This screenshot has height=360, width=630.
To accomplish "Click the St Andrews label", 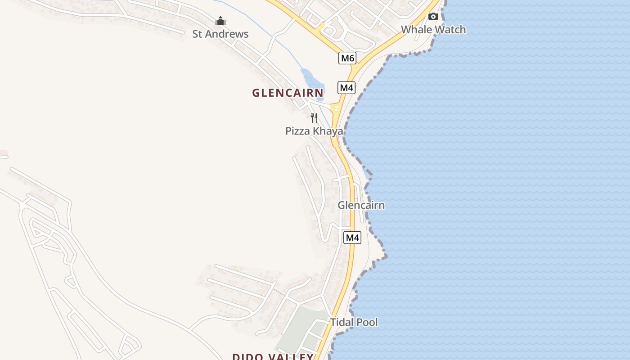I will pos(220,34).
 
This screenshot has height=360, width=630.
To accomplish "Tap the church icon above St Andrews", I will pos(220,21).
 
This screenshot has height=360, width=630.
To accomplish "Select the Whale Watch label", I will pos(433,30).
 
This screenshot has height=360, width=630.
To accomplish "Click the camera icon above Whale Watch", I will pos(433,17).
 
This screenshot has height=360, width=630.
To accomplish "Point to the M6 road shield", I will pos(347,58).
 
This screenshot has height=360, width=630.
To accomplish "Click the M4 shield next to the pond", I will pos(346,88).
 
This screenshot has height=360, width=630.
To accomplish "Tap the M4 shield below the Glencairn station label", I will pos(352,238).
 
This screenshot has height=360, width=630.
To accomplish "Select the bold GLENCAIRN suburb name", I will pos(288,93).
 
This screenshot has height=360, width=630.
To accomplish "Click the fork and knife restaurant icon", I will pos(314,118).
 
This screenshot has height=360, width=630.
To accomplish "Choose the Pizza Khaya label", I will pos(314,131).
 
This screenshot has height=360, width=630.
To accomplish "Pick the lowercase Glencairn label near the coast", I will pos(361,206).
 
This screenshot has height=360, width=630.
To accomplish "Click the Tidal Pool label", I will pos(354,322).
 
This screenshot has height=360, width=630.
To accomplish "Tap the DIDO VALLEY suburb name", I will pos(273,357).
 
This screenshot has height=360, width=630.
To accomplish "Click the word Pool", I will pos(368,322).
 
